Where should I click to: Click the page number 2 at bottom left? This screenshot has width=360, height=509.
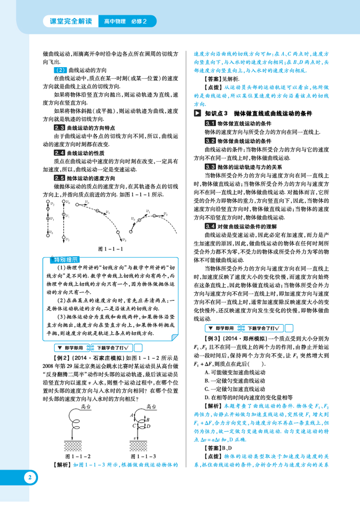coord(30,477)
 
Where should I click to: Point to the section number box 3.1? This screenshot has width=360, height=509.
coord(209,123)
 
